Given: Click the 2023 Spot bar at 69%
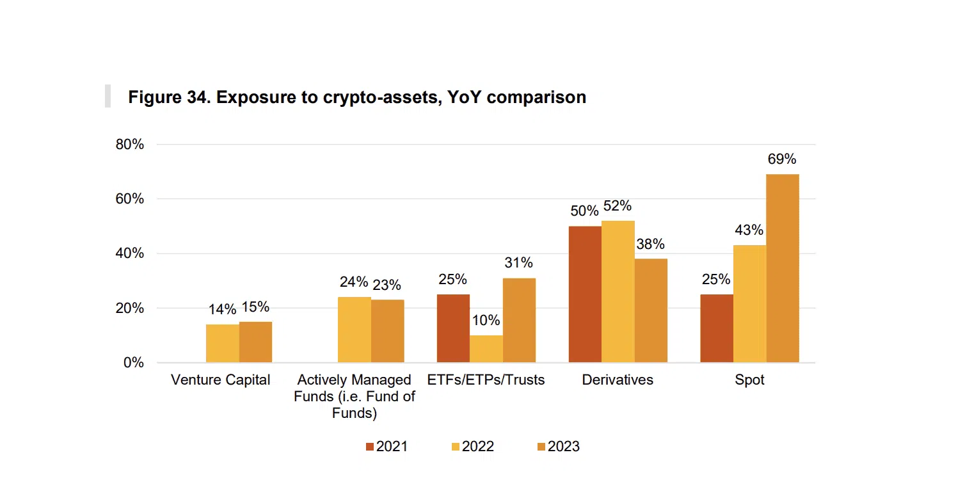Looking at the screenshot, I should [x=782, y=268].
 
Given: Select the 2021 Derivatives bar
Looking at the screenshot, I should [x=585, y=294].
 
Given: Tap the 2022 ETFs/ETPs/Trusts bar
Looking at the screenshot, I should [x=486, y=349].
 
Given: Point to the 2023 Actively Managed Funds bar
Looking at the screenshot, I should [x=387, y=331].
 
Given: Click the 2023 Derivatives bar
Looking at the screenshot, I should [x=651, y=310].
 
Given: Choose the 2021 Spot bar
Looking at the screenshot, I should [x=717, y=328].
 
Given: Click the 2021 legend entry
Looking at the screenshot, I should [x=387, y=447].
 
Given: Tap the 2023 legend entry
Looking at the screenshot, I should [x=558, y=447].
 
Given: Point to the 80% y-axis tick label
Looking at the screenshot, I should [x=130, y=145].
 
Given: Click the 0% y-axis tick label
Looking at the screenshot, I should [x=133, y=363].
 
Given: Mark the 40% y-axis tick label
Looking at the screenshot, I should [x=130, y=253].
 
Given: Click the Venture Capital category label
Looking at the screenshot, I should [x=221, y=380].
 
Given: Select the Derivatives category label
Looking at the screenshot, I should [x=618, y=380].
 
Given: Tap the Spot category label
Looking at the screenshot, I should [x=749, y=380].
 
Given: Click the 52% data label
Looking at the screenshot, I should [x=618, y=206].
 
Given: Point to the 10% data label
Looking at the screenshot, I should [x=486, y=321].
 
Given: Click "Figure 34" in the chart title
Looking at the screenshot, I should [x=167, y=97].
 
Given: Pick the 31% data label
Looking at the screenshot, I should [x=518, y=263].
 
